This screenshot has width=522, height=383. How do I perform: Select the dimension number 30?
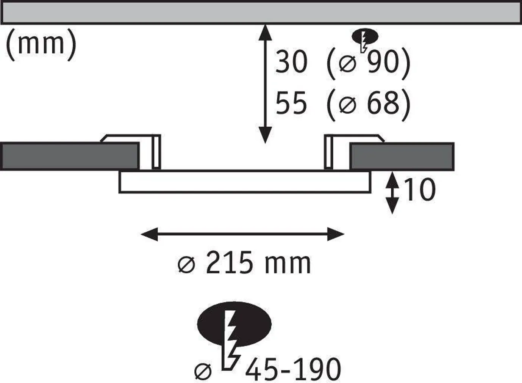[x=291, y=62]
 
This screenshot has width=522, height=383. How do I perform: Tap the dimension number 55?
[x=291, y=103]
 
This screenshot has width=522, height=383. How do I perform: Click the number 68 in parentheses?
[x=383, y=103]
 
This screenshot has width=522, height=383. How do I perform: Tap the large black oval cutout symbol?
[x=235, y=324]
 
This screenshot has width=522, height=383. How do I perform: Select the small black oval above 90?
[x=365, y=37]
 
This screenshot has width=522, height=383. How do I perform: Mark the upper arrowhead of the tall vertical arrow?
[x=265, y=32]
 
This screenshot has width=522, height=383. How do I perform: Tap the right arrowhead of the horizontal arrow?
[x=336, y=234]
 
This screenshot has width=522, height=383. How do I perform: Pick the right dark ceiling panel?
[x=402, y=156]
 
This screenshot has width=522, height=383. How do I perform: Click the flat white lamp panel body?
[x=244, y=182]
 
